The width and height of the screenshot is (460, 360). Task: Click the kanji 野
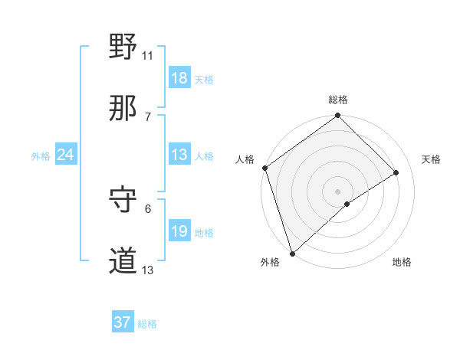123,47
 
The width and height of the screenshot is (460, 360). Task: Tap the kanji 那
123,109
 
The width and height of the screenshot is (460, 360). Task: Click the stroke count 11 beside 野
148,55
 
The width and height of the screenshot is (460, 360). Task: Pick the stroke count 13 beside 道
148,270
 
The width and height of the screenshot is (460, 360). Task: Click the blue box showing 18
179,78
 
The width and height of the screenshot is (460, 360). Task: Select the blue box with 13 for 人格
179,155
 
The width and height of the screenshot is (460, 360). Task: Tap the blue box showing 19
179,231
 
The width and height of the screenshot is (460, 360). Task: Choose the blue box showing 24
66,155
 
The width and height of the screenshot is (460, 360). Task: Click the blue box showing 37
123,322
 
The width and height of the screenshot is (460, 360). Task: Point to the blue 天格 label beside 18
204,80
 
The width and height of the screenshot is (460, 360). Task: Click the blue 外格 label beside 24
41,156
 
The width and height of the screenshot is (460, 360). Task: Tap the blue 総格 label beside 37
147,324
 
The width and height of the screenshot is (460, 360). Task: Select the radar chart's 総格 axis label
338,100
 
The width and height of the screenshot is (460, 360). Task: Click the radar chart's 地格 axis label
402,263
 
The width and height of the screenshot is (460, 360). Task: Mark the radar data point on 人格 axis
264,168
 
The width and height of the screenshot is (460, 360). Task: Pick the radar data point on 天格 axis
396,172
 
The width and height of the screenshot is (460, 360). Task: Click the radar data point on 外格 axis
292,253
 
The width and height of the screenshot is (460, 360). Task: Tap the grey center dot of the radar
337,191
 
